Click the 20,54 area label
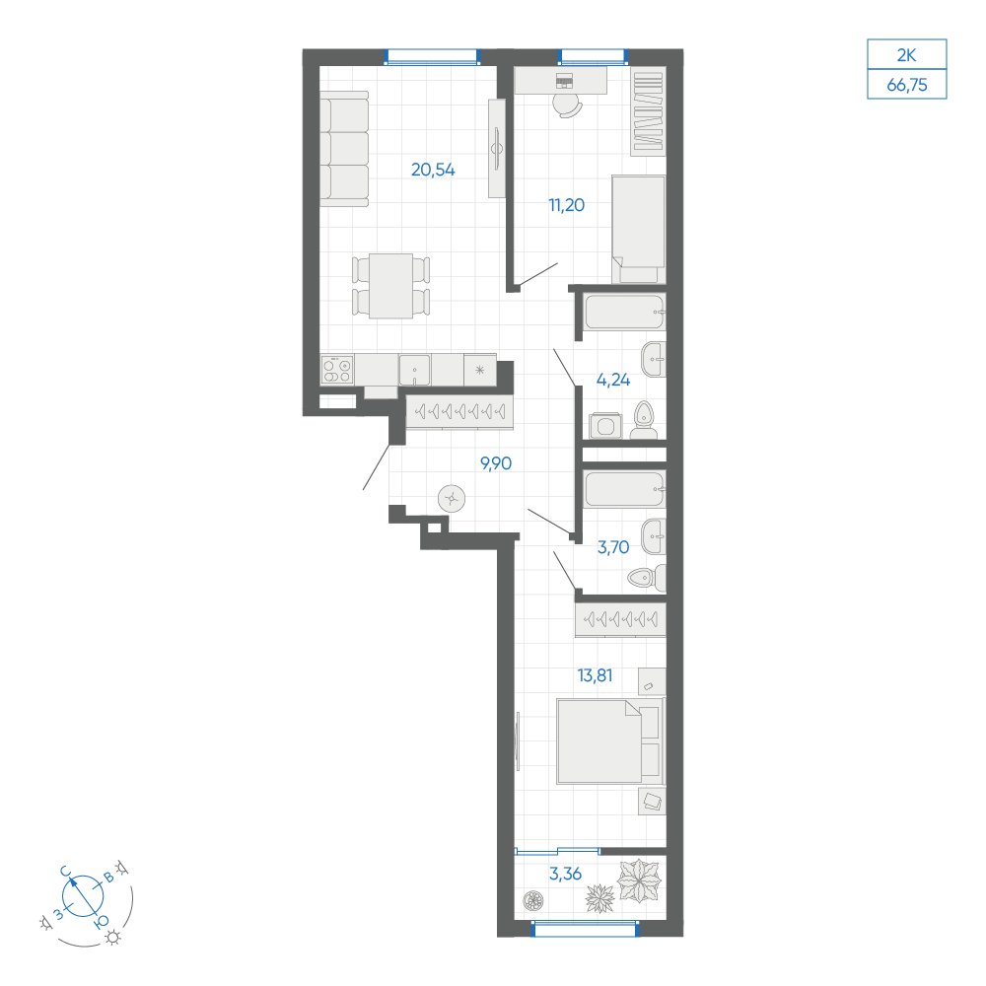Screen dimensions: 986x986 [x=433, y=170]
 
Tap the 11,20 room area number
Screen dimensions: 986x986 [x=567, y=205]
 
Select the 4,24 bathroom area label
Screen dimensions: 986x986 [x=613, y=380]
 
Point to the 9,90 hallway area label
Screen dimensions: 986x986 [x=496, y=464]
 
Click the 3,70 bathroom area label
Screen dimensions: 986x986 [x=613, y=547]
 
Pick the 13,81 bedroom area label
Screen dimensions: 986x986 [x=595, y=676]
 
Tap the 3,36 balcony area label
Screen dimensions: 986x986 [x=565, y=874]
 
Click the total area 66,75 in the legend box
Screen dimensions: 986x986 [x=907, y=85]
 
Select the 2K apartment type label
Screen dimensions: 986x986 [x=906, y=55]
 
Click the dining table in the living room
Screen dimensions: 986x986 [x=390, y=286]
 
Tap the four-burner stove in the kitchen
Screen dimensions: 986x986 [x=337, y=369]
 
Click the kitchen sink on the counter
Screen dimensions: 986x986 [x=414, y=370]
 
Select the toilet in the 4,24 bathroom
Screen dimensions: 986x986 [x=644, y=421]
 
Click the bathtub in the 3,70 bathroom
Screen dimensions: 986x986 [x=624, y=490]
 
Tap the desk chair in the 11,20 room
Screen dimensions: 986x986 [x=567, y=106]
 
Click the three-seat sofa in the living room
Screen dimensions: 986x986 [x=344, y=149]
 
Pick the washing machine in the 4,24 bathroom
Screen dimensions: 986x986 [x=605, y=426]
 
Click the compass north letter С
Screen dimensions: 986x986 [x=65, y=871]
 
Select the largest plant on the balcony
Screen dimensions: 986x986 [x=640, y=880]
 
